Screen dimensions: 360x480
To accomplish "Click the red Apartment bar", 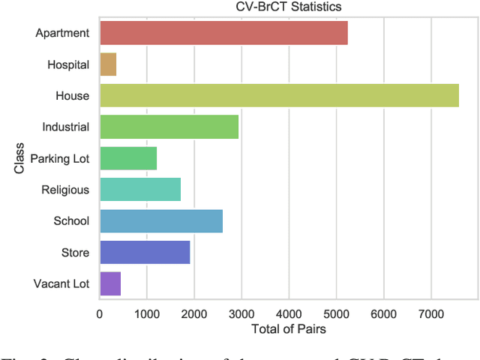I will coord(223,33).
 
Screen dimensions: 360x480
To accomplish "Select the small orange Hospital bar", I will coord(108,64).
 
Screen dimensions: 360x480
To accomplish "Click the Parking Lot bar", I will coord(128,158).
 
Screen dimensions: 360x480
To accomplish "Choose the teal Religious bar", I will coord(140,190).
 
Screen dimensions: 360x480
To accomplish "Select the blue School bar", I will coord(161,221).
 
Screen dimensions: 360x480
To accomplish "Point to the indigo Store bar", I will coord(145,253).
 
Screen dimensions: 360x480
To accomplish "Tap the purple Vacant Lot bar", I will coord(110,284).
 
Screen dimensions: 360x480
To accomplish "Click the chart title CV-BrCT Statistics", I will coord(287,7).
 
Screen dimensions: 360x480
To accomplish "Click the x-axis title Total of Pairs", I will coord(288,328).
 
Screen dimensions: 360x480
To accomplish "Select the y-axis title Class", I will coord(20,158).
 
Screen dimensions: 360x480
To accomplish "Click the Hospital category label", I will coord(68,65).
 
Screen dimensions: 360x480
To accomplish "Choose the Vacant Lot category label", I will coord(61,284).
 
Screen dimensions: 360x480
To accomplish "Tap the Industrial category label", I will coord(66,127).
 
